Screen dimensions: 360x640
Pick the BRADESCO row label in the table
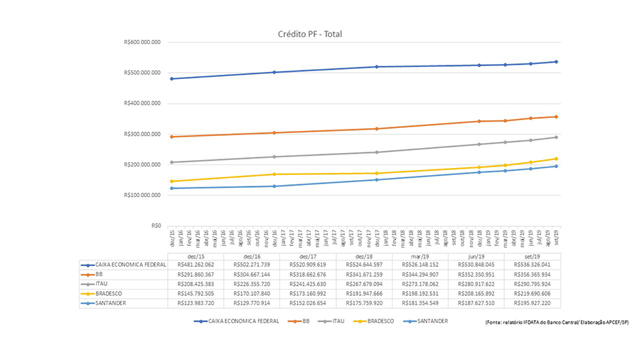(x=110, y=292)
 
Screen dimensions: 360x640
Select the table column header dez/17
(x=308, y=255)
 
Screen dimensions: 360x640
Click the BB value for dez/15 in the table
(x=195, y=273)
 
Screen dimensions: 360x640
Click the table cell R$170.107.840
(x=251, y=292)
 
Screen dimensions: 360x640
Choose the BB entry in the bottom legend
(x=303, y=321)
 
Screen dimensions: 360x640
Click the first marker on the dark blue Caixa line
(x=173, y=79)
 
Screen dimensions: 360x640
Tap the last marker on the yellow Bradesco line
(x=556, y=159)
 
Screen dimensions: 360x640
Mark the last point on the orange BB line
(x=556, y=117)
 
